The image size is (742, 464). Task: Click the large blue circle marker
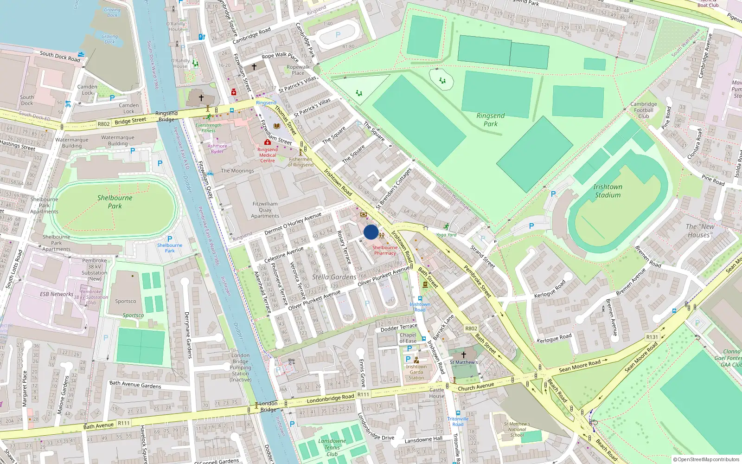371,232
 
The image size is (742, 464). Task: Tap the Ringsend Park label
490,120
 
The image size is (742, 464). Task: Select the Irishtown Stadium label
608,191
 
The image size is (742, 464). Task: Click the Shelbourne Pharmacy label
385,250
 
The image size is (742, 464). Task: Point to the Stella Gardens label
334,277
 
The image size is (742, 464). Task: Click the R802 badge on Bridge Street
103,124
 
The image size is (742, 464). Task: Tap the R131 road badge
652,337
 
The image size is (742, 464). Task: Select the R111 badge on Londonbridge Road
363,395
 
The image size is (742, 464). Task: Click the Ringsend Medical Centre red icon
267,142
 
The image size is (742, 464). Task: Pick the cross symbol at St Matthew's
463,354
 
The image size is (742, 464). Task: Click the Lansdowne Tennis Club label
332,447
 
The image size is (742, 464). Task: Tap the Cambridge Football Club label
643,110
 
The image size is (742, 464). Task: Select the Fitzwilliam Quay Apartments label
265,210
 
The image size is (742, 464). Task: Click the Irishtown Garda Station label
416,372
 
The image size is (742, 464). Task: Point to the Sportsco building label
126,301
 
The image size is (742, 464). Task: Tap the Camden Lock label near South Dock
87,90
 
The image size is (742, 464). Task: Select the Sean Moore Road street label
579,366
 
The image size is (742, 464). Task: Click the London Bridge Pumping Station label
240,367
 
